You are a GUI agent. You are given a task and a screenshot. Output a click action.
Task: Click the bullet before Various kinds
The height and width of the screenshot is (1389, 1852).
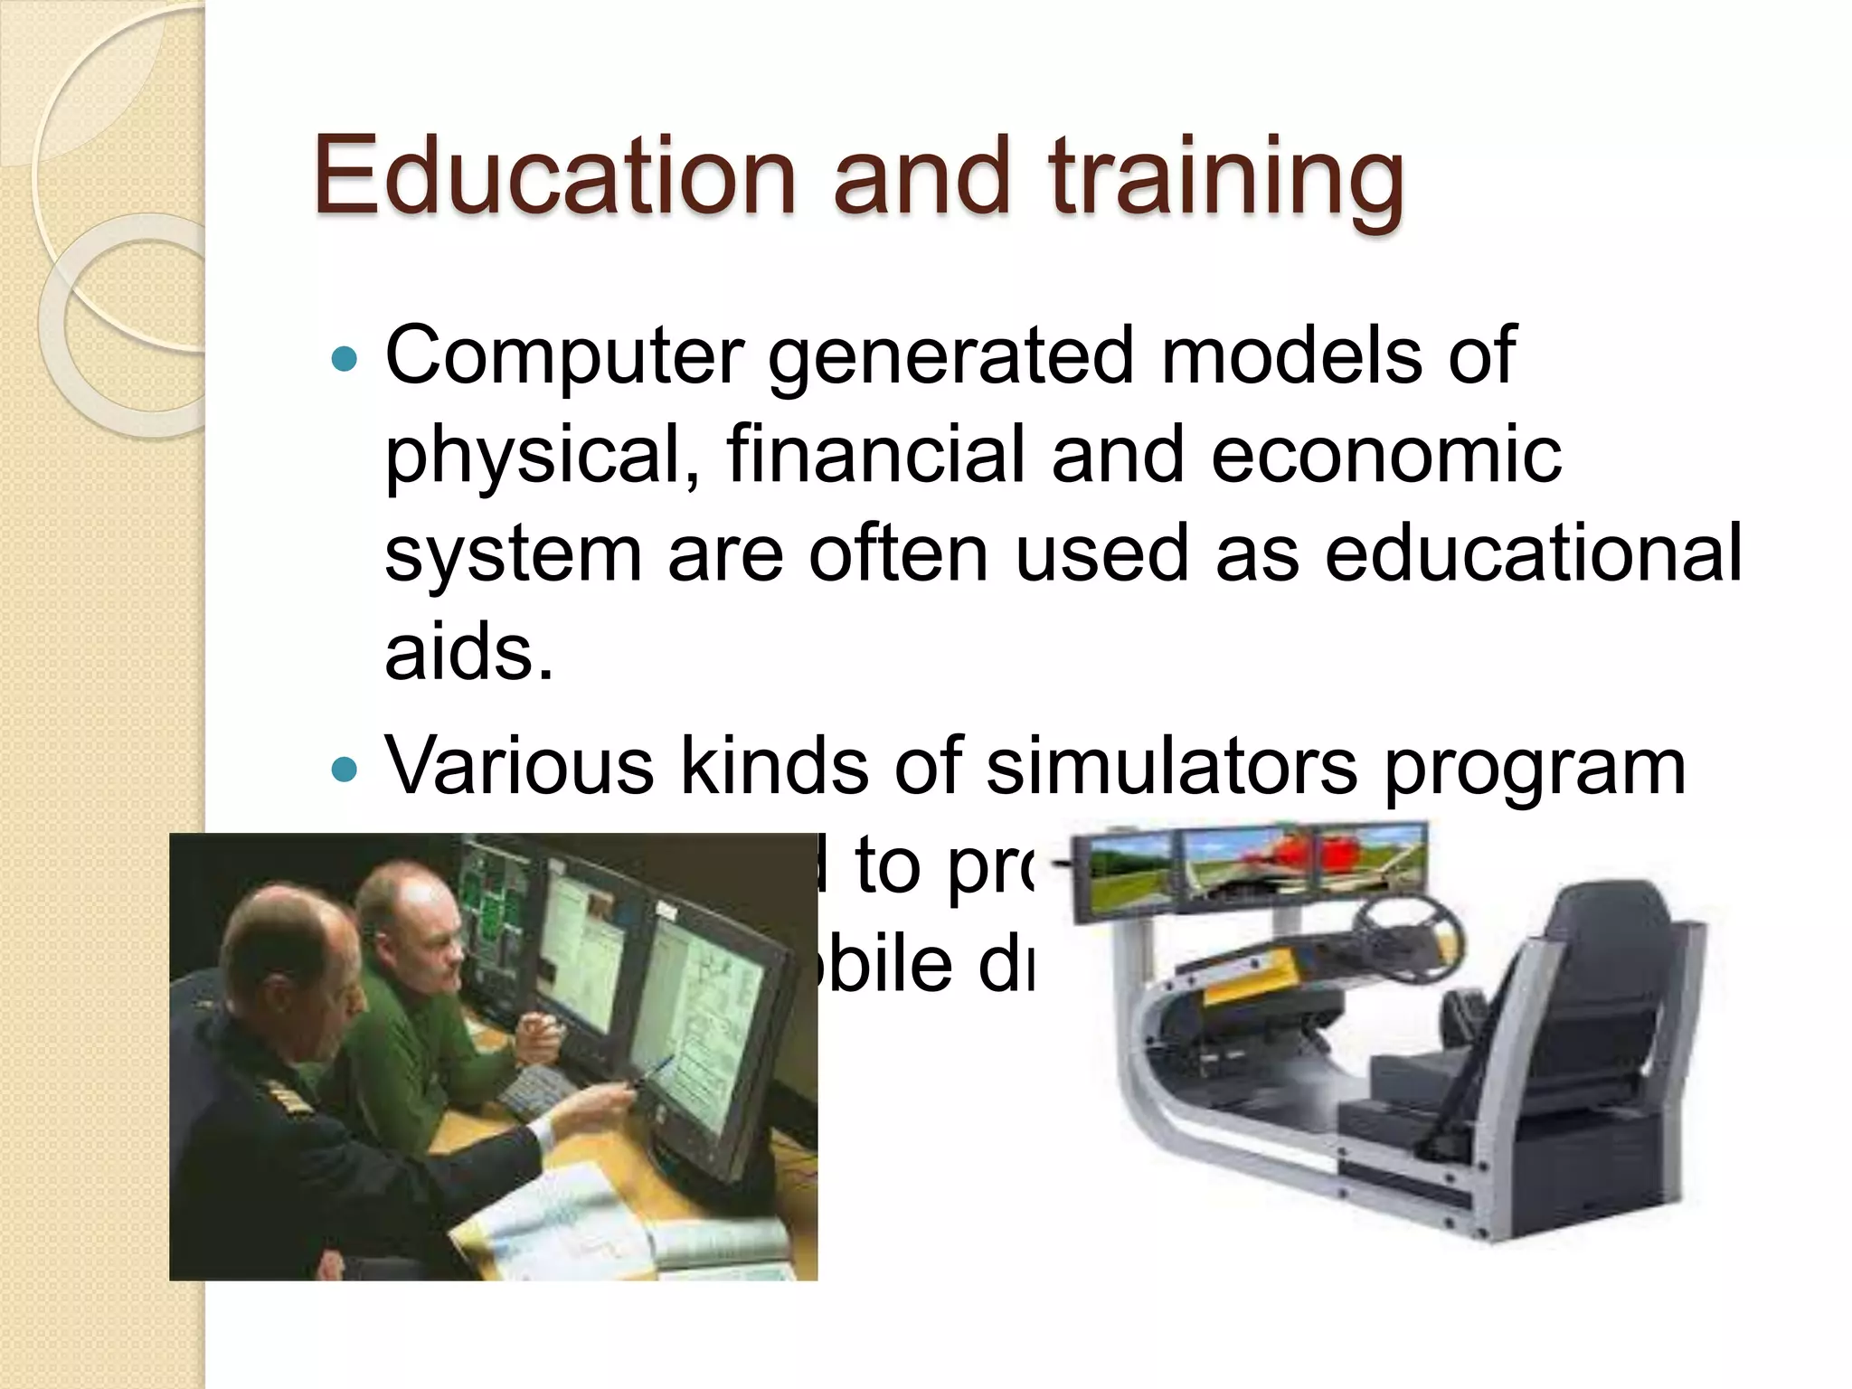tap(345, 770)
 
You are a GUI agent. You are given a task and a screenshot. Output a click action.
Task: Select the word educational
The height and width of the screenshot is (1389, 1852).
tap(1532, 553)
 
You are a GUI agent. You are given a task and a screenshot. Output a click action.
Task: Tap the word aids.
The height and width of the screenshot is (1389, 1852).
tap(468, 653)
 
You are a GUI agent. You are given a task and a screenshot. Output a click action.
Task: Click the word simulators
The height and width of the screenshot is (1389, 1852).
tap(1170, 767)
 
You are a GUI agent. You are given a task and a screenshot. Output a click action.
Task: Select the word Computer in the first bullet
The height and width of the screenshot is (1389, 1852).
tap(564, 357)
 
